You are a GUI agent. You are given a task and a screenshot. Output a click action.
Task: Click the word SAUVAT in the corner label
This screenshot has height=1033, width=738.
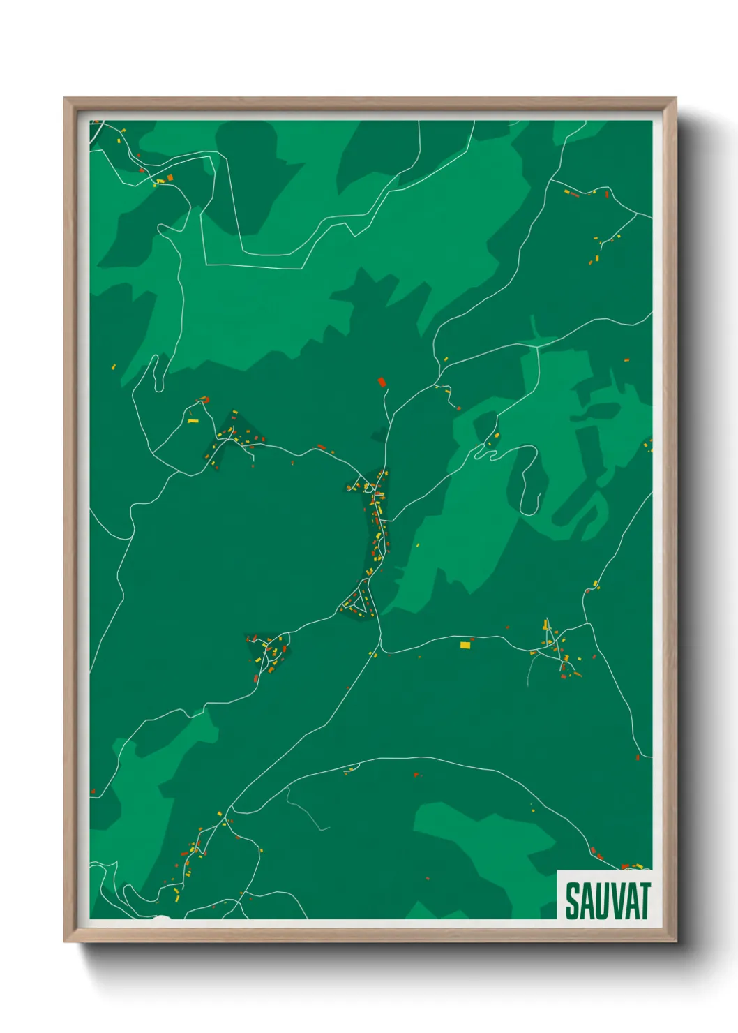tap(607, 900)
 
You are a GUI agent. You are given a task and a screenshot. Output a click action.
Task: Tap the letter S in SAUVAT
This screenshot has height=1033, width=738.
tap(572, 901)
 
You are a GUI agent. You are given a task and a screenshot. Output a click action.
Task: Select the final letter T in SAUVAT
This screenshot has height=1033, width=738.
tap(644, 901)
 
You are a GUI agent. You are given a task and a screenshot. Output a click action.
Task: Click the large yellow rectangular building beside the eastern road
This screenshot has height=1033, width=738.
tap(465, 645)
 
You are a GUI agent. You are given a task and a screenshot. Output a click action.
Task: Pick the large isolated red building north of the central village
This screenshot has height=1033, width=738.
tap(382, 382)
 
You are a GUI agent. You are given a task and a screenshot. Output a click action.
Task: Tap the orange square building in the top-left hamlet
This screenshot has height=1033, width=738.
tap(170, 179)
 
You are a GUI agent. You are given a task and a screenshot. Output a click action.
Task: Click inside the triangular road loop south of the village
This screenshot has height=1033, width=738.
tap(358, 602)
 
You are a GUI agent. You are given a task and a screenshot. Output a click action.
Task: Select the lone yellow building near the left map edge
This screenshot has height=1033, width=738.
tap(113, 366)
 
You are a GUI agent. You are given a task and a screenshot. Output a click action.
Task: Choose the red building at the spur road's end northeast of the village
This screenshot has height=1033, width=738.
tap(458, 408)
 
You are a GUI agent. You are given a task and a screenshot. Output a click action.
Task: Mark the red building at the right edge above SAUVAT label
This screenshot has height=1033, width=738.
tap(638, 757)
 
